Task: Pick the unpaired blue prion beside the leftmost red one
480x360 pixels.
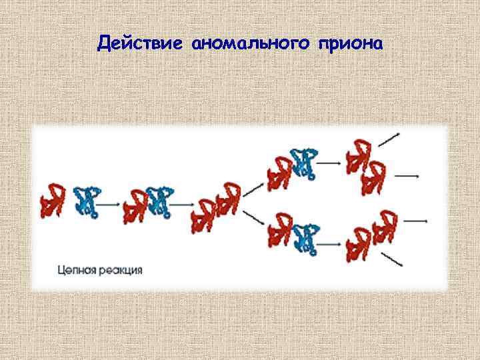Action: click(x=87, y=202)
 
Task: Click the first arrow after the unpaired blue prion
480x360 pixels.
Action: click(x=111, y=203)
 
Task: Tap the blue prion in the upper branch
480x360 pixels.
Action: click(x=305, y=163)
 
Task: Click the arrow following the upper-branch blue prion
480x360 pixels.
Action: click(x=329, y=162)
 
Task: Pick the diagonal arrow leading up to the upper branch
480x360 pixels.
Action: click(x=253, y=189)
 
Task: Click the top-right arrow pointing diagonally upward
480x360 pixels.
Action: click(x=389, y=139)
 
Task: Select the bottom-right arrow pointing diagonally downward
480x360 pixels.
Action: click(x=392, y=260)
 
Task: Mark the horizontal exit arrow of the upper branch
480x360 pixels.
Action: click(x=407, y=177)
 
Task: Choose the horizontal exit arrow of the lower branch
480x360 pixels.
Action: click(x=415, y=220)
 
